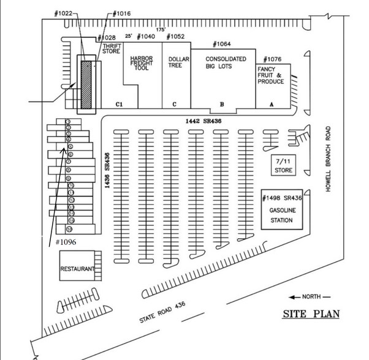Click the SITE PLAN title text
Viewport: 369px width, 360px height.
tap(310, 315)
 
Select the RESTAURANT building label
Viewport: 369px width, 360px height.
tap(77, 269)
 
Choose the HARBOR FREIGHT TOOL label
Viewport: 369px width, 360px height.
tap(142, 63)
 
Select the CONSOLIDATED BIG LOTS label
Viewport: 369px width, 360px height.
tap(226, 62)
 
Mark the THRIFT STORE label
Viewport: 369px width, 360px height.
tap(111, 49)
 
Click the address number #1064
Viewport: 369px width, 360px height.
tap(221, 44)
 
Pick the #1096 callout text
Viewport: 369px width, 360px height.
tap(65, 242)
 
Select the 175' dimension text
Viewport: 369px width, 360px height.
tap(161, 29)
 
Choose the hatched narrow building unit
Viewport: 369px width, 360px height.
tap(86, 84)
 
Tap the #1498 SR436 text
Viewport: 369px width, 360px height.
tap(283, 199)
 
